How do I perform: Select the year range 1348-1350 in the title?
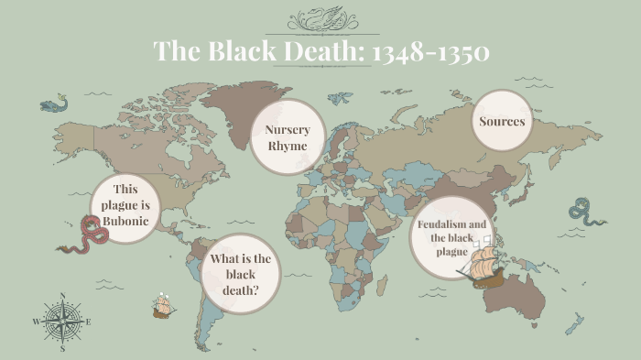pos(429,51)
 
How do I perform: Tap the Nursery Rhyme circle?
pos(288,138)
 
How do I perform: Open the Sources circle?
pos(502,122)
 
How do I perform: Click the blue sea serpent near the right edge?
pos(585,212)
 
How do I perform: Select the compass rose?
pos(62,322)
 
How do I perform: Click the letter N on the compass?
pos(62,296)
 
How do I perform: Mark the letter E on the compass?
pos(89,322)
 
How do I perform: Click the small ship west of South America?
pos(164,305)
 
